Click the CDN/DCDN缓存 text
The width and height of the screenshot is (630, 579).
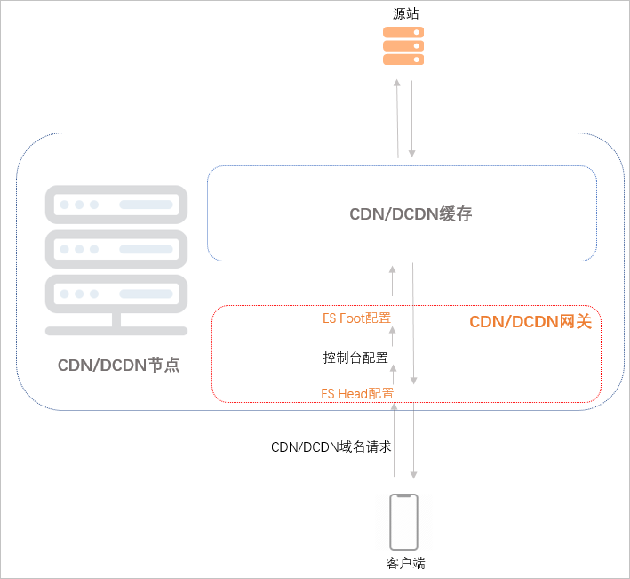pyautogui.click(x=411, y=214)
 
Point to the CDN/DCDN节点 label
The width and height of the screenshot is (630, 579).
pyautogui.click(x=119, y=365)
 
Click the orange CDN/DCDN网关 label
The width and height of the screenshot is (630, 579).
pyautogui.click(x=530, y=322)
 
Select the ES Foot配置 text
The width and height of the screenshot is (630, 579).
pyautogui.click(x=356, y=318)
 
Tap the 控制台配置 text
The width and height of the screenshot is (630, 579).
pyautogui.click(x=355, y=358)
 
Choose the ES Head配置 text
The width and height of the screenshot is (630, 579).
pyautogui.click(x=357, y=393)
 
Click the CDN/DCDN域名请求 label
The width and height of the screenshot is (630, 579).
pyautogui.click(x=331, y=447)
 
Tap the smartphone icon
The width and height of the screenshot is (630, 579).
pyautogui.click(x=403, y=522)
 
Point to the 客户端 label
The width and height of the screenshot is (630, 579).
pyautogui.click(x=404, y=563)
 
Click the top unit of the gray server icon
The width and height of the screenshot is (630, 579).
pyautogui.click(x=116, y=204)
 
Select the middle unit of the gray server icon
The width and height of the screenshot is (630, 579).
pyautogui.click(x=116, y=249)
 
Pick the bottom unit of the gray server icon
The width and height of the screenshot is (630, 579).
pyautogui.click(x=116, y=294)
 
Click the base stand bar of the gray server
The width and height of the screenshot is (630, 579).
pyautogui.click(x=116, y=331)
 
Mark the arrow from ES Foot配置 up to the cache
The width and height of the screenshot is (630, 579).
pyautogui.click(x=393, y=279)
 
